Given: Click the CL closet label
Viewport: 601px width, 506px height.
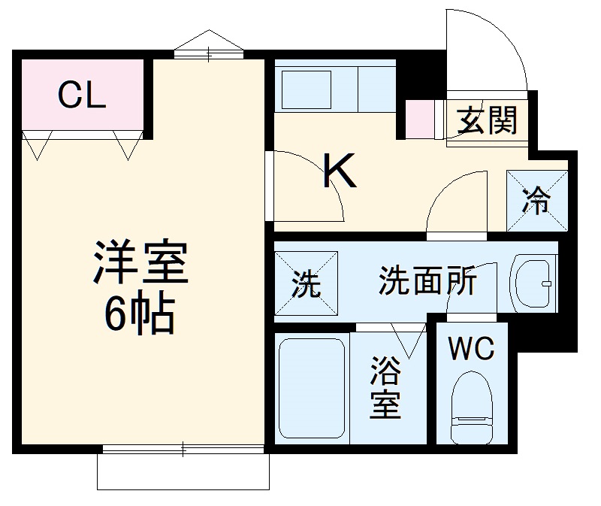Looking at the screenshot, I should (x=82, y=95).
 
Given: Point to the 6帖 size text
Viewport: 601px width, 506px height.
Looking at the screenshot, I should (x=140, y=314).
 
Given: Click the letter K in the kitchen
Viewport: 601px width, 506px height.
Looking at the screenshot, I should (x=339, y=171).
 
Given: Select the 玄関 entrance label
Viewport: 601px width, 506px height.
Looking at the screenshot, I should (x=488, y=120).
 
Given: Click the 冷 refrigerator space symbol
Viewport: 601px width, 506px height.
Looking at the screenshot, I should (x=536, y=201).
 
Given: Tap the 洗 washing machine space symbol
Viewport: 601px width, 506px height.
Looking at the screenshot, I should (x=305, y=283).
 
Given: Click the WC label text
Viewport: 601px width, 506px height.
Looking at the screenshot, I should (x=471, y=348).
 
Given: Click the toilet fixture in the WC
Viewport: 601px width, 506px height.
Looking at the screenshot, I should (x=470, y=410).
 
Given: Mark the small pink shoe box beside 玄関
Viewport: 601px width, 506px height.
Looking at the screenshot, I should (x=419, y=119).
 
